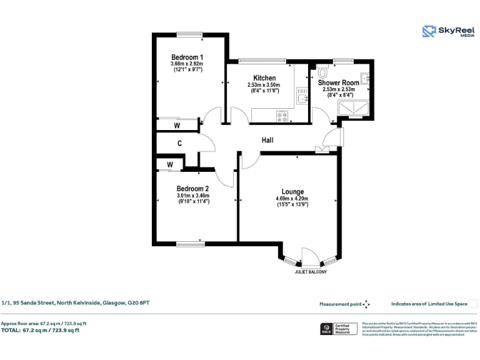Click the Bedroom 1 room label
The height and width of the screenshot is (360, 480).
(188, 57)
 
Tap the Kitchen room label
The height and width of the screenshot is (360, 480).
(264, 78)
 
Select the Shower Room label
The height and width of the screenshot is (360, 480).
(338, 82)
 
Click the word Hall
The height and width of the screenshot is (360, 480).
(267, 141)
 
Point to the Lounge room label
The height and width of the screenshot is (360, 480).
(292, 192)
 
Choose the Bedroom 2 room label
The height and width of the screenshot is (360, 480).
(192, 189)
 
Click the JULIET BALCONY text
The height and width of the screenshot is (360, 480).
(311, 272)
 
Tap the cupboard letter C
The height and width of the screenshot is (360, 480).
(179, 143)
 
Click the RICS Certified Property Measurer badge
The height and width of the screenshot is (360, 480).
(338, 329)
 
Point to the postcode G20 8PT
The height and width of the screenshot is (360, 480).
(139, 303)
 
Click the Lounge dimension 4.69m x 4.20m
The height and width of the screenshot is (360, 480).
(292, 199)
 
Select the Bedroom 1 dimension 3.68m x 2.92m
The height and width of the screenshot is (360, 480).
(188, 64)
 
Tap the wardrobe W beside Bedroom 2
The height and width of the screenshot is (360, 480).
(169, 165)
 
